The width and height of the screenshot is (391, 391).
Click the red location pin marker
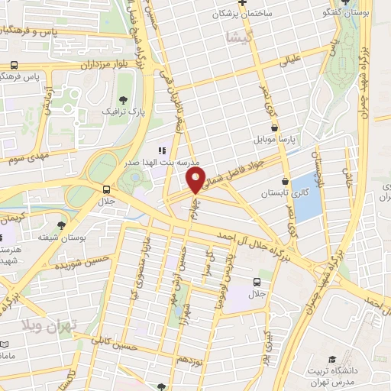[195, 181]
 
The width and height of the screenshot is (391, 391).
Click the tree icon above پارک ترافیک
[123, 99]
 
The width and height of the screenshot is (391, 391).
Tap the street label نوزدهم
[189, 358]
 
